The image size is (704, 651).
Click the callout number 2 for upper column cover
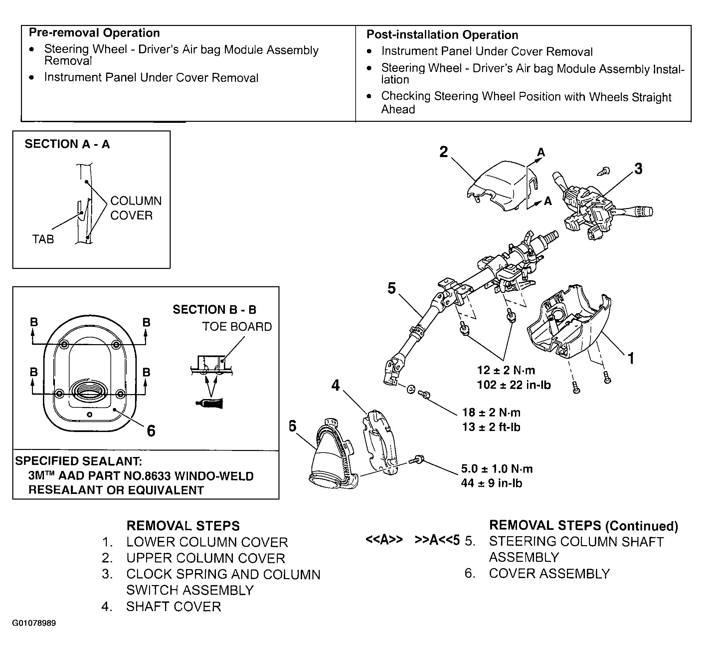point(444,152)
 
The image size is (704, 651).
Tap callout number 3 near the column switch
point(638,169)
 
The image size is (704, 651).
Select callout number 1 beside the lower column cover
point(631,358)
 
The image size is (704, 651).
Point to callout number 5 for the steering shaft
point(392,288)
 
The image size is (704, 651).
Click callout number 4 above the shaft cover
point(336,385)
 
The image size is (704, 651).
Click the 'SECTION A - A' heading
point(67,144)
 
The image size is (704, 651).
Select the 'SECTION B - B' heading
point(214,310)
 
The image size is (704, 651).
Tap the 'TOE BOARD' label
point(237,327)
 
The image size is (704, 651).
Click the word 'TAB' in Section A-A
point(43,239)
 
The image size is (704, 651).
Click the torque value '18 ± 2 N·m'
point(491,412)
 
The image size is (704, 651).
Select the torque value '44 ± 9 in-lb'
point(491,483)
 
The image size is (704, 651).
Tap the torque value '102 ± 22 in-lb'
point(513,385)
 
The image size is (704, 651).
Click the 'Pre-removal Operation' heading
point(94,33)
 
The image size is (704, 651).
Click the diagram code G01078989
point(34,623)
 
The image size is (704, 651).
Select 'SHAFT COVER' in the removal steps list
point(173,606)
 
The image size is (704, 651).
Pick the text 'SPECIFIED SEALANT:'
point(79,461)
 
